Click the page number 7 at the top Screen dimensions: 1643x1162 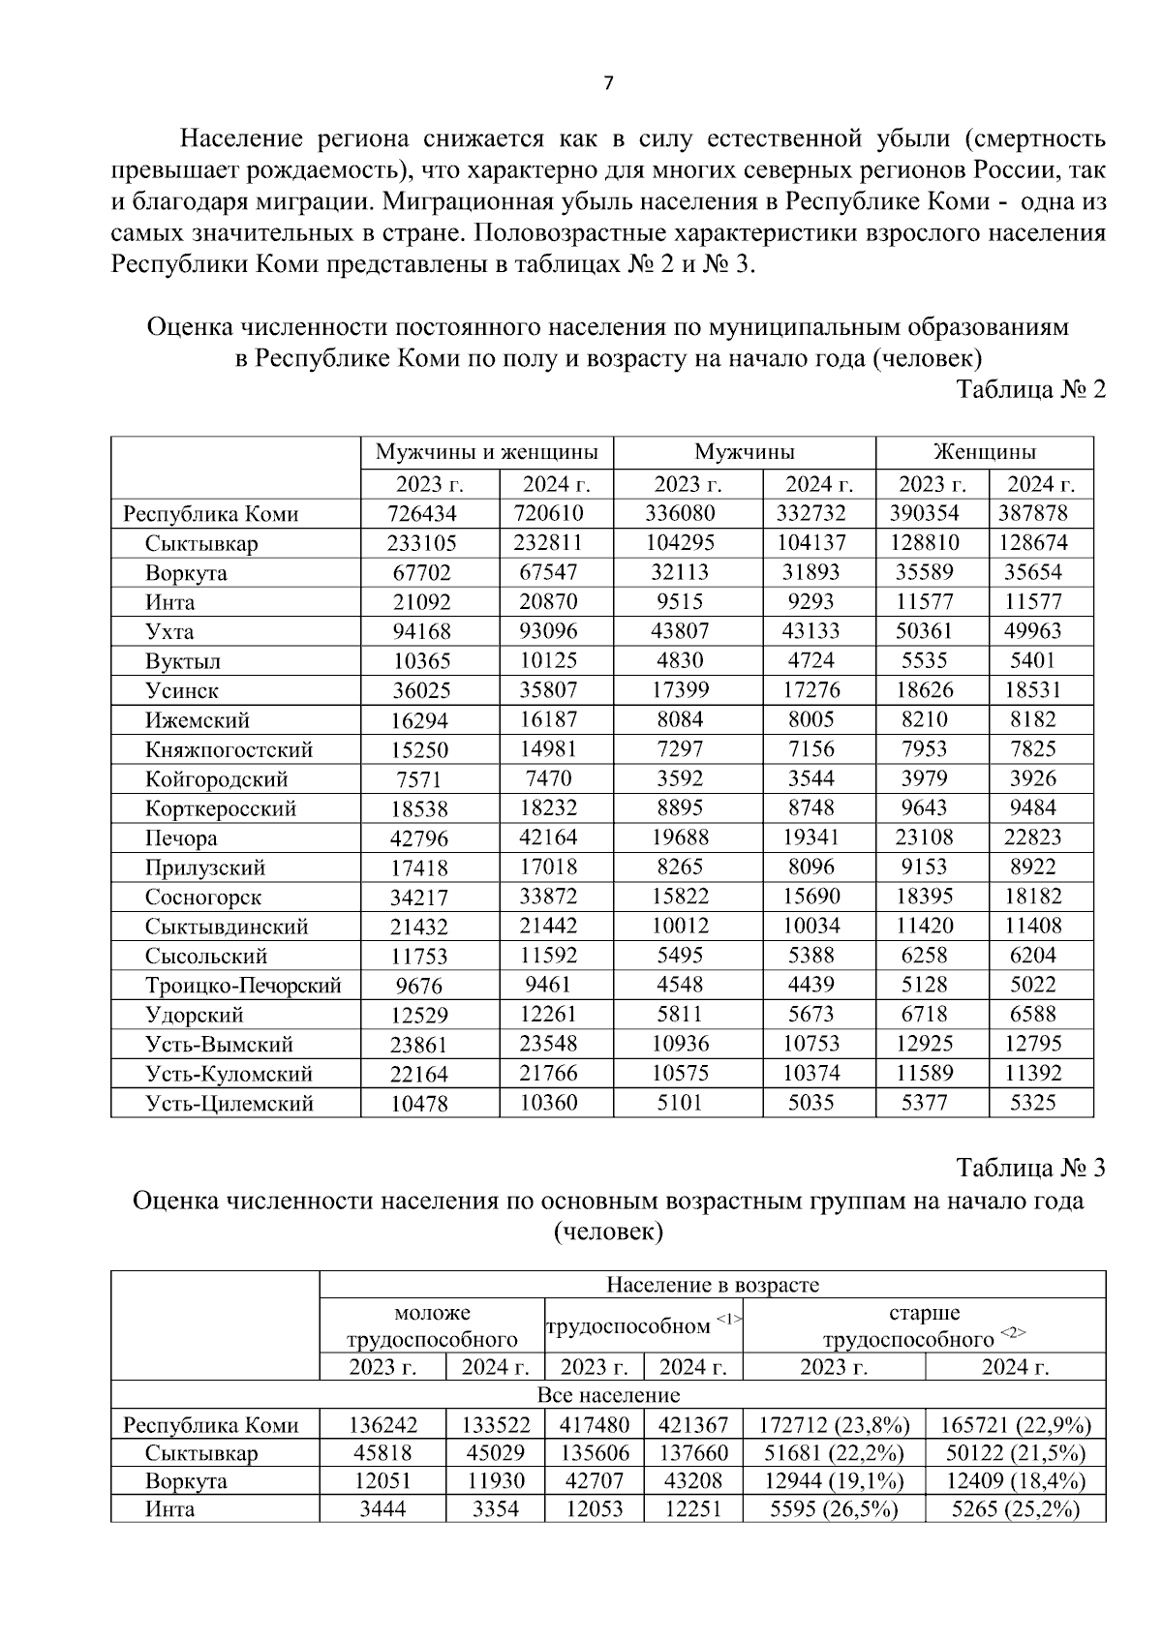point(608,84)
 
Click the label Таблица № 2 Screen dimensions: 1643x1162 point(1030,390)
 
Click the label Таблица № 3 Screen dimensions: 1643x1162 point(1030,1168)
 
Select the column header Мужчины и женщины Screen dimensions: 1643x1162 point(486,452)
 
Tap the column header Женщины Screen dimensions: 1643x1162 point(984,452)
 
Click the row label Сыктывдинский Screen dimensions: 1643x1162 point(227,927)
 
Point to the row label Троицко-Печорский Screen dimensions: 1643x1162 point(243,986)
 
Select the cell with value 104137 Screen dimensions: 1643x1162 point(811,542)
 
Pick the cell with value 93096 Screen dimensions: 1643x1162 point(548,631)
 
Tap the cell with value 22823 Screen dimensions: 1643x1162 point(1032,837)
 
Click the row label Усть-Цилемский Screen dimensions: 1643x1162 point(229,1104)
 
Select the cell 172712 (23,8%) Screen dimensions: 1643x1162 point(834,1425)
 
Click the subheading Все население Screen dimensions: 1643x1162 point(608,1395)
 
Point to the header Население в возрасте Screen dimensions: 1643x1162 point(712,1285)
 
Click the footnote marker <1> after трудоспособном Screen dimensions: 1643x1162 point(729,1318)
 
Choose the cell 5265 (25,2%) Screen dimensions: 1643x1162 point(1015,1508)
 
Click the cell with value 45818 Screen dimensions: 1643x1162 point(382,1453)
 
